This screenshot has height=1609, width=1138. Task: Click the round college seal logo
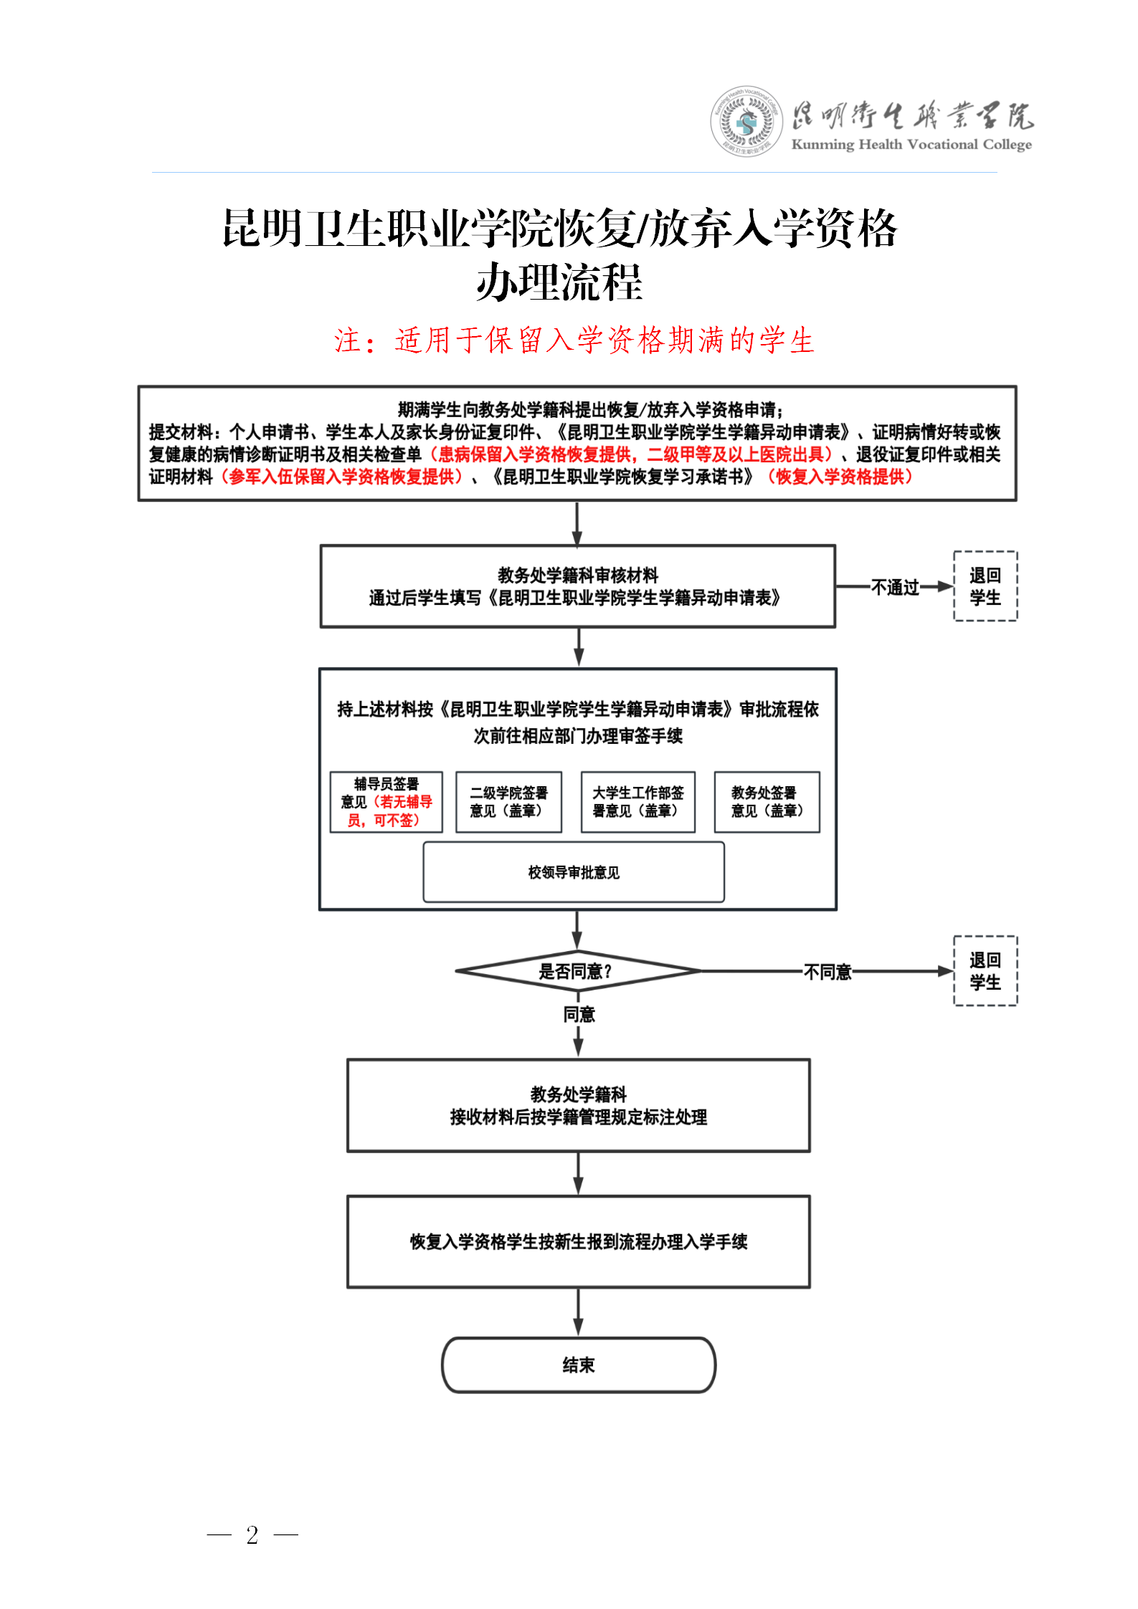pyautogui.click(x=746, y=122)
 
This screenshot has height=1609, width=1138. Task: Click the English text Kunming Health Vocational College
pyautogui.click(x=911, y=145)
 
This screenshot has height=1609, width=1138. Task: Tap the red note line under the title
pyautogui.click(x=574, y=340)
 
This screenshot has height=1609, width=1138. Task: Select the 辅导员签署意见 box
pyautogui.click(x=387, y=802)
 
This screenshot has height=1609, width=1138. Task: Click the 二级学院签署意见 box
pyautogui.click(x=508, y=802)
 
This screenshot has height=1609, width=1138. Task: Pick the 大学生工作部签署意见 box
pyautogui.click(x=637, y=802)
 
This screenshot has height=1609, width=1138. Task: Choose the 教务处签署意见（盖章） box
pyautogui.click(x=767, y=802)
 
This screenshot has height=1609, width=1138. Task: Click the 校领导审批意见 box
pyautogui.click(x=574, y=872)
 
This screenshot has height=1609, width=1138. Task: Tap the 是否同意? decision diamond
pyautogui.click(x=577, y=971)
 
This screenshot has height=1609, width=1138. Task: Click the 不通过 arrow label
pyautogui.click(x=895, y=588)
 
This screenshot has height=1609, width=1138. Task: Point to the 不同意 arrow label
pyautogui.click(x=828, y=972)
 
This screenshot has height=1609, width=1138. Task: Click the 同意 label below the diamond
pyautogui.click(x=579, y=1014)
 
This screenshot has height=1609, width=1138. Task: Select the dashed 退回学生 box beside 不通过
pyautogui.click(x=985, y=586)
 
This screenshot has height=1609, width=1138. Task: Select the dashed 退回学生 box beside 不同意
pyautogui.click(x=985, y=971)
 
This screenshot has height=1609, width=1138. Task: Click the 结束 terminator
pyautogui.click(x=579, y=1365)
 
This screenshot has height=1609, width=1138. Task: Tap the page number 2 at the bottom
pyautogui.click(x=252, y=1534)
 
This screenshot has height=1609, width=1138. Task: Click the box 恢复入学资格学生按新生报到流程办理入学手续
pyautogui.click(x=579, y=1241)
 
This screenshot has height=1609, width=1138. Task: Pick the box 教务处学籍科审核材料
pyautogui.click(x=577, y=586)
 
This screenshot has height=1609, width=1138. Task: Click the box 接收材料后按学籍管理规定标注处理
pyautogui.click(x=579, y=1105)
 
